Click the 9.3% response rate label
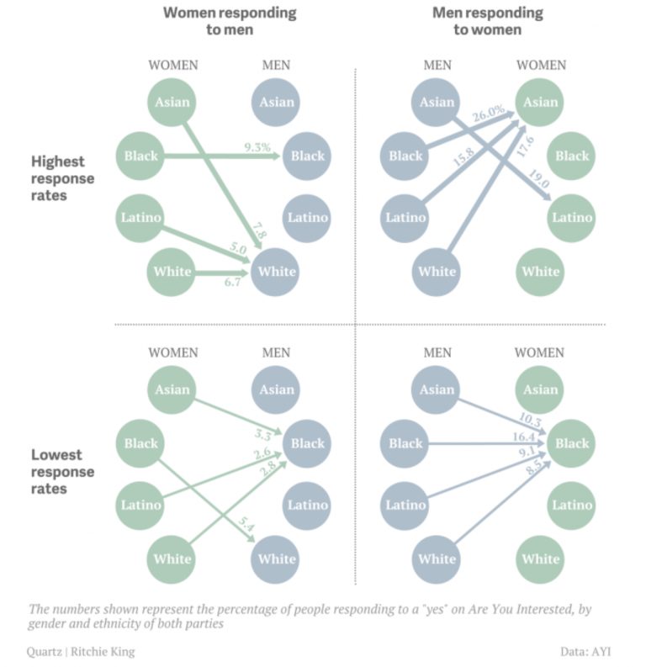(x=257, y=147)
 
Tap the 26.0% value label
(x=488, y=114)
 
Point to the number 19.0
(x=539, y=179)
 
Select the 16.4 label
(x=523, y=437)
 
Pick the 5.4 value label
(x=246, y=524)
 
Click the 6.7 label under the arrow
(x=233, y=282)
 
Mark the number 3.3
(x=262, y=435)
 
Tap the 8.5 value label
(x=534, y=467)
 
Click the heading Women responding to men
(x=230, y=21)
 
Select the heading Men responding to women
(x=487, y=21)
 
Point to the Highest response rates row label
(x=62, y=178)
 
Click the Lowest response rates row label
(x=62, y=471)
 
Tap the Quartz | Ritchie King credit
(x=81, y=652)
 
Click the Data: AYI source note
(x=585, y=652)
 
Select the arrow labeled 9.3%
(x=222, y=156)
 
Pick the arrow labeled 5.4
(x=206, y=500)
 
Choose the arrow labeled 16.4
(x=486, y=443)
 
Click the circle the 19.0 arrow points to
(x=571, y=218)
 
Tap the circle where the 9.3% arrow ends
(x=307, y=156)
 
